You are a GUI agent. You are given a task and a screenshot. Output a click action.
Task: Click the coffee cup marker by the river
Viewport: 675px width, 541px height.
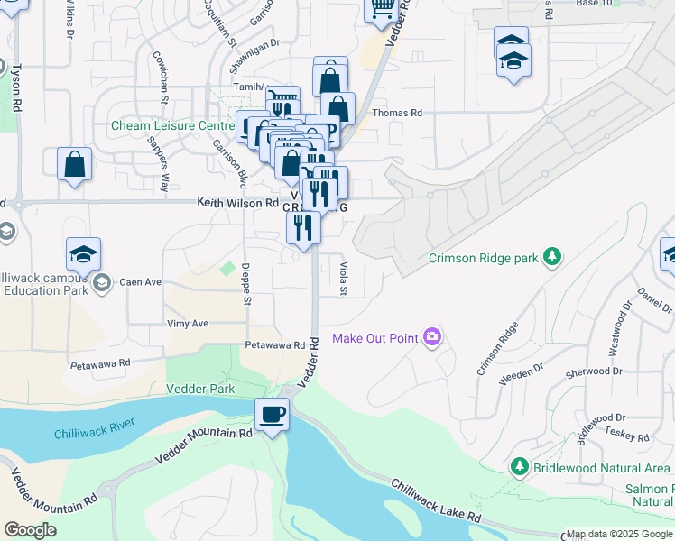click(x=273, y=416)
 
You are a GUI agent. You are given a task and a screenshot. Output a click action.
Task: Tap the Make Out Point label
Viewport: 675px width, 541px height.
click(x=375, y=338)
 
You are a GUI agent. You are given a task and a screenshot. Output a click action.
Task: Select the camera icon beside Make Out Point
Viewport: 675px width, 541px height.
click(x=432, y=337)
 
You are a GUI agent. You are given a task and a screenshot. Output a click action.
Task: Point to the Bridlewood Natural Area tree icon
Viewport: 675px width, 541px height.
click(x=519, y=467)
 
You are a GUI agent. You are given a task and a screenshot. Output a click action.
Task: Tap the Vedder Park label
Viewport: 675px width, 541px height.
click(x=200, y=389)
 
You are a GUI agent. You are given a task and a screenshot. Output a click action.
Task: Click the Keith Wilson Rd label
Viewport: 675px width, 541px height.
click(x=238, y=204)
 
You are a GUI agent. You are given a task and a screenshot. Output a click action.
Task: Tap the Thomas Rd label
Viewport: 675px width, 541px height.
click(x=398, y=114)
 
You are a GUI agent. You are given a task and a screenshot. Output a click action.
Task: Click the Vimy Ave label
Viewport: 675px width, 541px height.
click(x=188, y=323)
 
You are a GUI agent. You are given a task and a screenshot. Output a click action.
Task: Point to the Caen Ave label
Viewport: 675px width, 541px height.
click(x=140, y=282)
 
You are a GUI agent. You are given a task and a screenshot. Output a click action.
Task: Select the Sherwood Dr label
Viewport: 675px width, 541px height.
click(x=593, y=371)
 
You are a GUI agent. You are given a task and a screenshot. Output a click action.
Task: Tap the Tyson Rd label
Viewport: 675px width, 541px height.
click(x=16, y=88)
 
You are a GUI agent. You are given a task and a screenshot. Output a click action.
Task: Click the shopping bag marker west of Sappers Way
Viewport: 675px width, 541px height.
click(x=75, y=165)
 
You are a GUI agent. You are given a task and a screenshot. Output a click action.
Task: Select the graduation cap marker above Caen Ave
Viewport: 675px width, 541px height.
click(x=83, y=254)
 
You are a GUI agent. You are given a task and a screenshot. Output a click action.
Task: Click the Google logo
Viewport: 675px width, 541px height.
click(x=31, y=530)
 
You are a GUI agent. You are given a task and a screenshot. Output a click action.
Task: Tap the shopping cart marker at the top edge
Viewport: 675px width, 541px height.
click(x=382, y=9)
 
